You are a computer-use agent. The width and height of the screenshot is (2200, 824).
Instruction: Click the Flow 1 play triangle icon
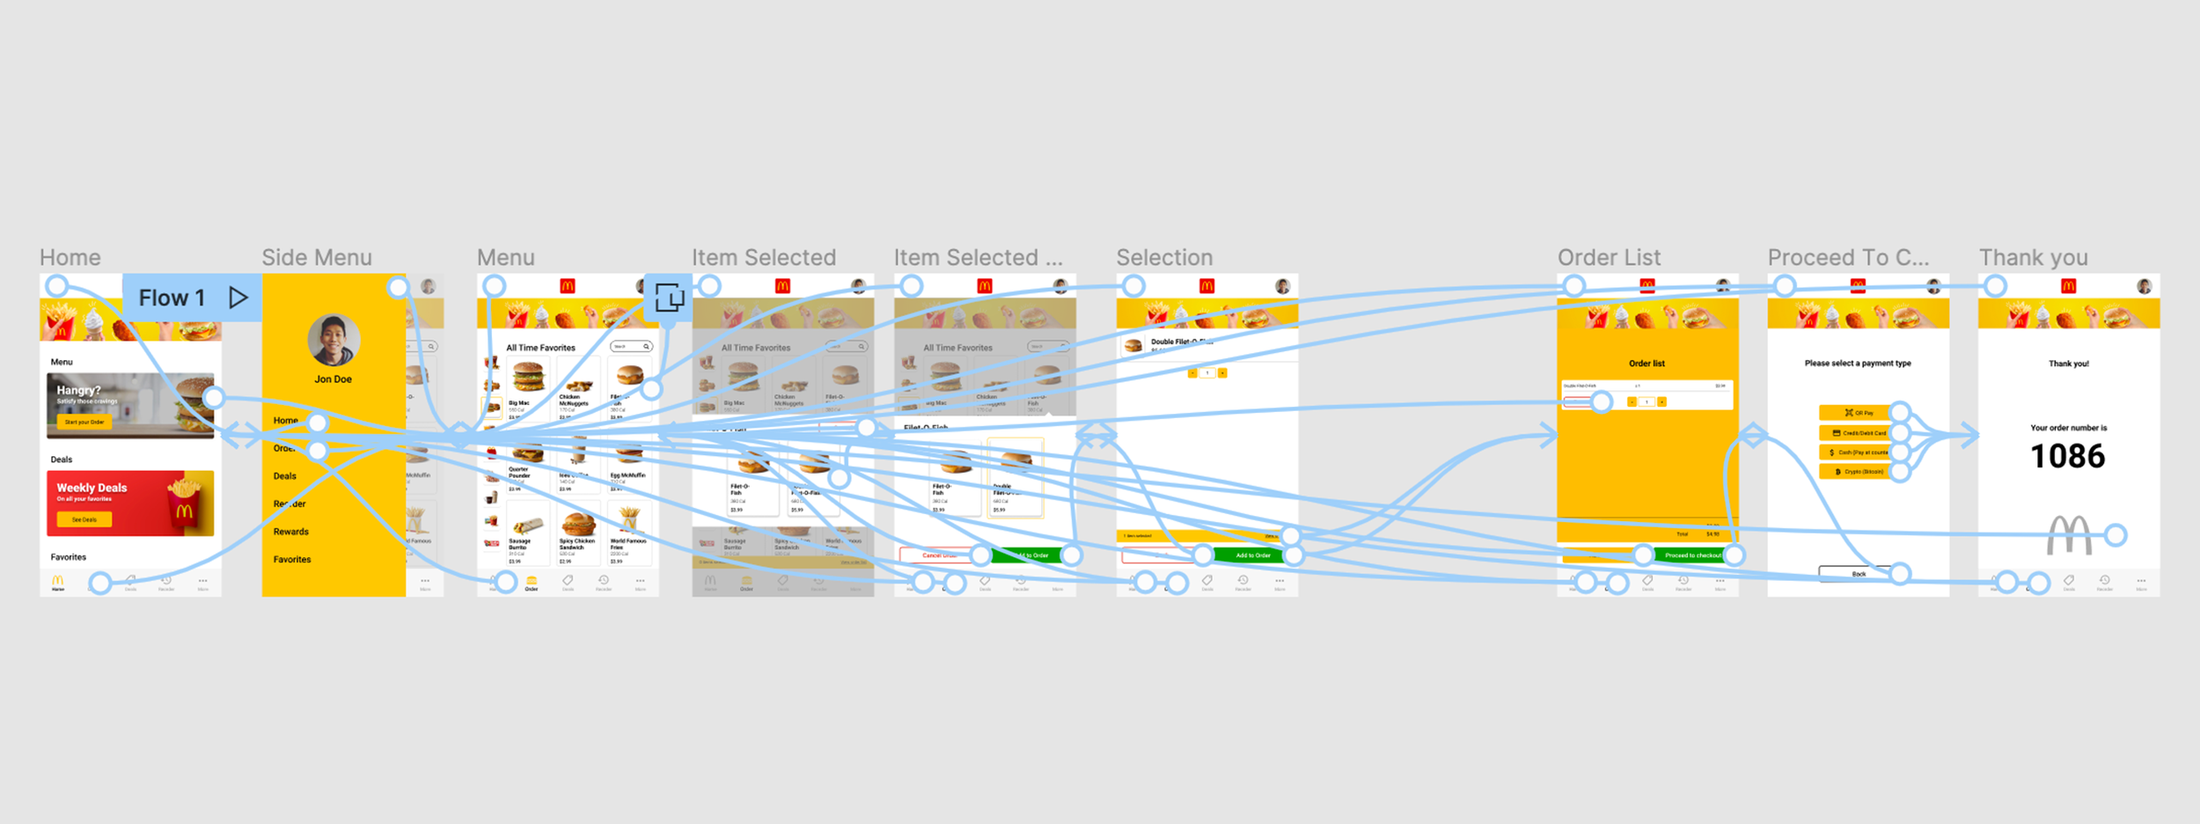pos(238,298)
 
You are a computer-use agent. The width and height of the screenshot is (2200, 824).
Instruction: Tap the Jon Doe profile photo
pos(334,340)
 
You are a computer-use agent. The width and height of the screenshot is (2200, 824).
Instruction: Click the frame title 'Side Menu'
pos(317,257)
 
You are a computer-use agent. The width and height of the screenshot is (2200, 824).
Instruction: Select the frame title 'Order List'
pos(1609,257)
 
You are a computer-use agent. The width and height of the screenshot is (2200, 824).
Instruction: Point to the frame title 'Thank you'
pos(2033,257)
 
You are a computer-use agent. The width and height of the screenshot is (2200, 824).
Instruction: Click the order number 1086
pos(2067,456)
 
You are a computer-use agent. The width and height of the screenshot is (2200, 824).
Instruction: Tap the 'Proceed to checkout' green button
pos(1691,555)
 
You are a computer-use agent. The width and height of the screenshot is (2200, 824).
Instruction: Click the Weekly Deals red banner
pos(130,504)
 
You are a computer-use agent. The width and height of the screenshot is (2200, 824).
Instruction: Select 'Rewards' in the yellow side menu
pos(291,532)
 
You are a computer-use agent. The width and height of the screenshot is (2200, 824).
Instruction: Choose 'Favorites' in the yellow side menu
pos(292,560)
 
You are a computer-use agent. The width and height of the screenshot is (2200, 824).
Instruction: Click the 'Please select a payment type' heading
pos(1858,363)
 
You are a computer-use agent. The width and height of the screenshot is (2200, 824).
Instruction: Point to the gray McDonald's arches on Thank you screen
pos(2069,535)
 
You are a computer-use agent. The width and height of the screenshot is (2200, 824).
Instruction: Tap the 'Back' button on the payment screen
pos(1858,574)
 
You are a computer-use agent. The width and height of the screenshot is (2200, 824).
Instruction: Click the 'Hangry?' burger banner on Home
pos(130,405)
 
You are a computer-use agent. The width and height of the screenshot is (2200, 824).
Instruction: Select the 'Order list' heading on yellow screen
pos(1646,363)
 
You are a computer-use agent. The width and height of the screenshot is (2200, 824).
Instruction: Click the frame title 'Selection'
pos(1164,257)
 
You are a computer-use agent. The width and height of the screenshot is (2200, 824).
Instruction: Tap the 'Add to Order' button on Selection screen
pos(1251,555)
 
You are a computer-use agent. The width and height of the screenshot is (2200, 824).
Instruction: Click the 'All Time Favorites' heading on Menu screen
pos(540,348)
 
